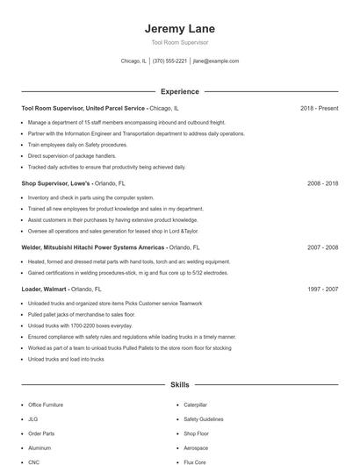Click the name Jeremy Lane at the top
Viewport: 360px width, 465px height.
point(179,28)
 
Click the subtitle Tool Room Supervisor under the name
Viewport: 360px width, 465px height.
point(179,41)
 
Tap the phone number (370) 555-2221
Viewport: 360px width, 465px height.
point(169,61)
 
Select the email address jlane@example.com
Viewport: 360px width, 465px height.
point(215,61)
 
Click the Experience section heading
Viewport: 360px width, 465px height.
point(179,91)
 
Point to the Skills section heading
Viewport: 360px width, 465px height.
point(179,384)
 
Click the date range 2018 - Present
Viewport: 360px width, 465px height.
point(319,108)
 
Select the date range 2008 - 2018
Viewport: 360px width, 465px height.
point(322,183)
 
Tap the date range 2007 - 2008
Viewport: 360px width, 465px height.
point(322,247)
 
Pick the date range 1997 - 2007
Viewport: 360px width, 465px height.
point(322,288)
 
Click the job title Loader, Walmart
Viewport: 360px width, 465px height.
point(45,288)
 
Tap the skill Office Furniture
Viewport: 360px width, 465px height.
point(46,405)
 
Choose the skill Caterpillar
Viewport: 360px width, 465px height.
point(195,405)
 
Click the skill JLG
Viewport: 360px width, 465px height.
point(32,419)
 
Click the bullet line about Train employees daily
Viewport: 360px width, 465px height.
point(77,145)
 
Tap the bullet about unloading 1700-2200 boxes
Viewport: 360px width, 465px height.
point(76,325)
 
